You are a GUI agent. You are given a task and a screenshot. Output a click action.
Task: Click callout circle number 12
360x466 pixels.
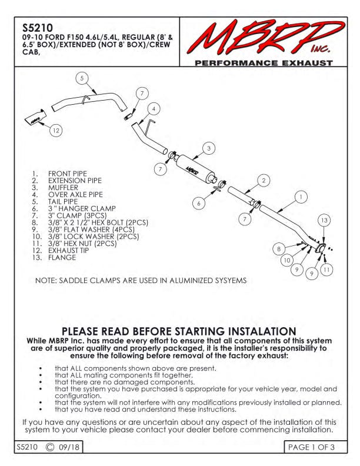click(55, 131)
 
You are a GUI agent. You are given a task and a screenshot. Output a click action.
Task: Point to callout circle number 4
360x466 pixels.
click(153, 109)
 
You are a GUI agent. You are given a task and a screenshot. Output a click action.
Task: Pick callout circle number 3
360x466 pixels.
click(208, 148)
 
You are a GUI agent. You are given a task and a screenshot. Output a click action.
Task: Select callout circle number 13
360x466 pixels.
click(324, 220)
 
